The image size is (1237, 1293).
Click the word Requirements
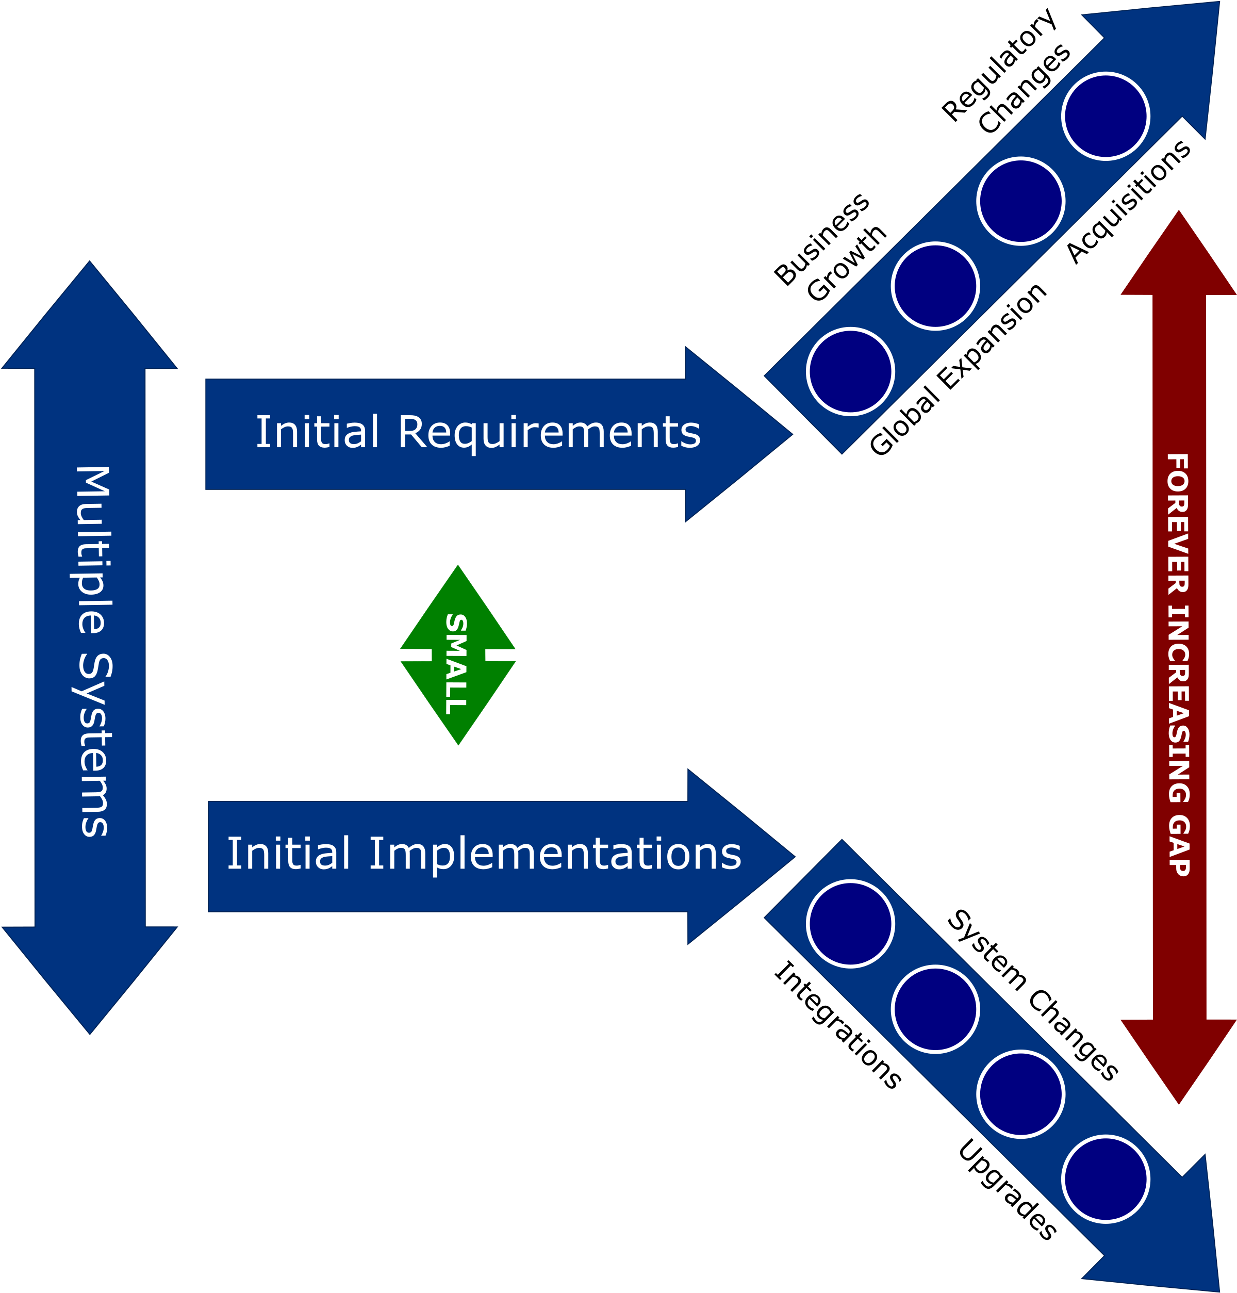point(549,433)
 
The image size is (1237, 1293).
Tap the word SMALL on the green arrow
point(456,664)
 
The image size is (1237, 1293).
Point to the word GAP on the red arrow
point(1178,846)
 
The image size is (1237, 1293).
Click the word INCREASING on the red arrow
point(1178,704)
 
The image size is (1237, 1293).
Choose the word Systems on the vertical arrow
point(92,745)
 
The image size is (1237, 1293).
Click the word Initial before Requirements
point(317,433)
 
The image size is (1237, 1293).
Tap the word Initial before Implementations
point(288,854)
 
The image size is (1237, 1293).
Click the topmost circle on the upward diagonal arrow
point(1106,116)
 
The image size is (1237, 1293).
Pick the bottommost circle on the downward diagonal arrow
point(1106,1180)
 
